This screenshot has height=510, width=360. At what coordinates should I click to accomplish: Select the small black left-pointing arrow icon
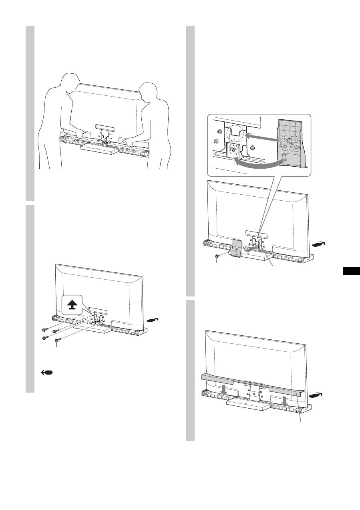pos(46,373)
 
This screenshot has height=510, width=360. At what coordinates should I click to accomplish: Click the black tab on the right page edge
pos(352,271)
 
